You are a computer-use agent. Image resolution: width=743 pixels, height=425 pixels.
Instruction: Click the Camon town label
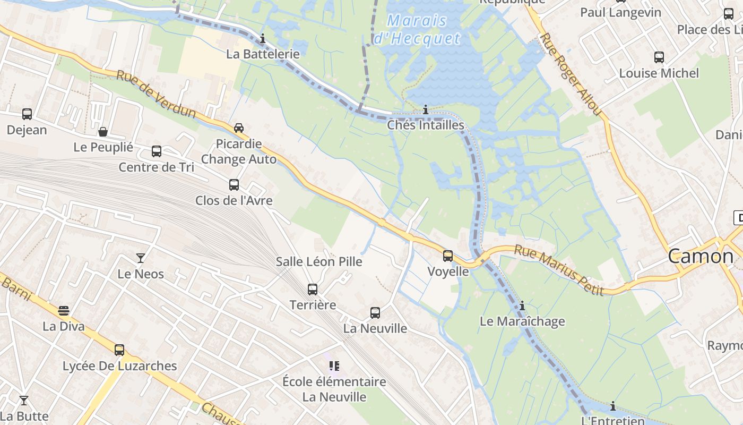[700, 257]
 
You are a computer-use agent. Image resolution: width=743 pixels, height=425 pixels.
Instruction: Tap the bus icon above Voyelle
[448, 256]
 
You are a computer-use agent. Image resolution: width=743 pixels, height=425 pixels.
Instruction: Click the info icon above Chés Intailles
[426, 110]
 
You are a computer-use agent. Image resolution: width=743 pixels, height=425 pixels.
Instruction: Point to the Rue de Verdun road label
[156, 95]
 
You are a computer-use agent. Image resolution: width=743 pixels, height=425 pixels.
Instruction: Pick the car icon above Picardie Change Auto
[239, 128]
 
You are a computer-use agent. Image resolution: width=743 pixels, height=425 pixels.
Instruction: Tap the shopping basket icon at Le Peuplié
[103, 131]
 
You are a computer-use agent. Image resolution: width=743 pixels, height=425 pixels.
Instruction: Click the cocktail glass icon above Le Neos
[141, 258]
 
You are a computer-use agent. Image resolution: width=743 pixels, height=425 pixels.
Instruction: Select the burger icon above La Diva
[64, 310]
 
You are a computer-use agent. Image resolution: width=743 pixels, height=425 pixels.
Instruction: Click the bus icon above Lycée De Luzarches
[119, 350]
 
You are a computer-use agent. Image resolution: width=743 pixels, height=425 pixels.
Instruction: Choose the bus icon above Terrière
[313, 289]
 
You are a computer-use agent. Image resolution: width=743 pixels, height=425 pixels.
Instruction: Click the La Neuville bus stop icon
[375, 313]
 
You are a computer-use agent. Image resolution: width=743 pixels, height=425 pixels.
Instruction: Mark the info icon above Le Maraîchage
[522, 305]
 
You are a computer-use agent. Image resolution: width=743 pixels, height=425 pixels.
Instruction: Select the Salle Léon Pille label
[319, 261]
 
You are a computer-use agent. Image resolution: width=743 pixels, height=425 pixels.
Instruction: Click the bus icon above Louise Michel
[659, 57]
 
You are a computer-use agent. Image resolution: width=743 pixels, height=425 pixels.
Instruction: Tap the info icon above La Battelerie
[262, 38]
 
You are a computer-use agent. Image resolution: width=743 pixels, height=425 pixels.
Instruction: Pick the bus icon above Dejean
[27, 114]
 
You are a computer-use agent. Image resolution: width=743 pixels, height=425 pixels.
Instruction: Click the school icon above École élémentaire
[334, 365]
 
